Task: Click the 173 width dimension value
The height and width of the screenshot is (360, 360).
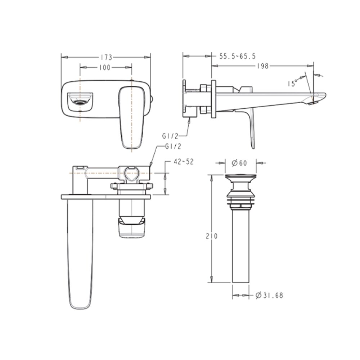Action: tap(106, 57)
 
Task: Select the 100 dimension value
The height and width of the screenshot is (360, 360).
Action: tap(105, 67)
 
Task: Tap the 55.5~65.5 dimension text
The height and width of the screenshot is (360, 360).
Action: tap(237, 56)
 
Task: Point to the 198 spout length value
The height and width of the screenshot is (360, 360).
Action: tap(263, 66)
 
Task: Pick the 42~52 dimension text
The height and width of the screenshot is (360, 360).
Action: tap(184, 162)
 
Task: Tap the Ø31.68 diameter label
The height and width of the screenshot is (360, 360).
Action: tap(269, 296)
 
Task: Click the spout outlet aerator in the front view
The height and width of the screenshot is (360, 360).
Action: tap(80, 101)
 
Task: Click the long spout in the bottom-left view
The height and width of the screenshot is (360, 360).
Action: tap(80, 252)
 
